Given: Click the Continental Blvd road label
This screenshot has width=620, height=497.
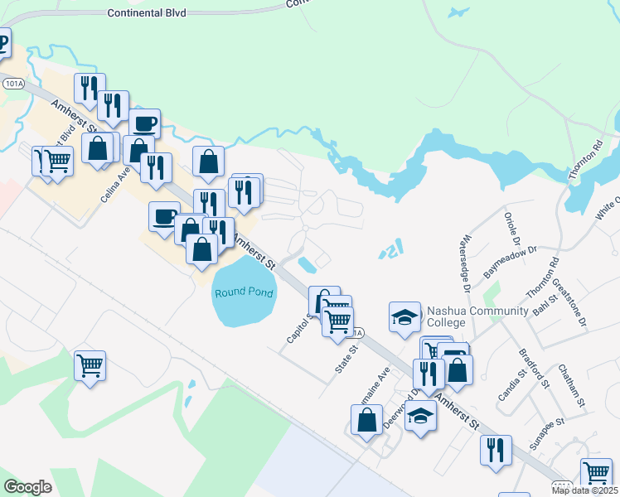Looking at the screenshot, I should point(148,13).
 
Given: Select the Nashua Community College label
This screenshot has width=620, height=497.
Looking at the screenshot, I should point(477,316).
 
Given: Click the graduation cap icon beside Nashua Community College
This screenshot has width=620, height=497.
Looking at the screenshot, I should point(404,317).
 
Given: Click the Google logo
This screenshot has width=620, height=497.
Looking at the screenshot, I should point(28,486).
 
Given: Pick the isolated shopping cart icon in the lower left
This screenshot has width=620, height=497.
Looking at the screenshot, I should point(90,365).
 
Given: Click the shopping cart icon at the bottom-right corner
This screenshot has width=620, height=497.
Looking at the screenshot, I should point(596,473).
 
